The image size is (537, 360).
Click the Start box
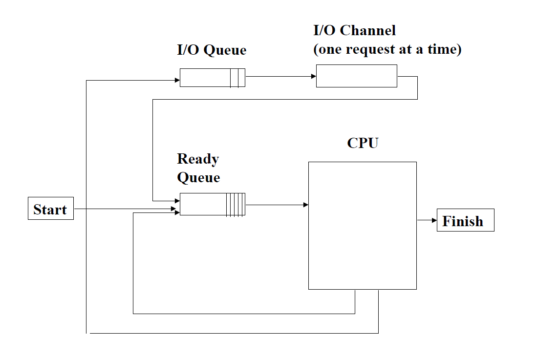(x=51, y=209)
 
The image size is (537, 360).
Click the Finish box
(x=465, y=220)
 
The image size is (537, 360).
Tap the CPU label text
(x=363, y=143)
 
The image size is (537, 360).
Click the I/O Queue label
(x=212, y=50)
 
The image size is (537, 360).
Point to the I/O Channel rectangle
(x=356, y=77)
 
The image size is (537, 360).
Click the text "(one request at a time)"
(x=387, y=50)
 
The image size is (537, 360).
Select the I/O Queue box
(x=212, y=78)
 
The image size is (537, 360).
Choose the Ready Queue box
(x=212, y=204)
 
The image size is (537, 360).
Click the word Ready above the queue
(x=198, y=159)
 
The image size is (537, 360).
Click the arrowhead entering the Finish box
(x=434, y=220)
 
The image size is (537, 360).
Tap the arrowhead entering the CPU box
(x=305, y=205)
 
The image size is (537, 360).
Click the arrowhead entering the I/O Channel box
(x=313, y=76)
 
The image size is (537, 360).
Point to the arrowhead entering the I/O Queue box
(x=177, y=80)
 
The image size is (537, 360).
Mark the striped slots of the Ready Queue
(x=236, y=204)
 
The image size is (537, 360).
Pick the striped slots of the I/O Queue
(x=237, y=78)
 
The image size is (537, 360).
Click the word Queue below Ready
(x=198, y=177)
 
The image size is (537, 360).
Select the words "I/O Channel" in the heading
(x=354, y=30)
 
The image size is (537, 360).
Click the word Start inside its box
(x=50, y=210)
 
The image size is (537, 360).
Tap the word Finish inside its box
(x=463, y=221)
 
